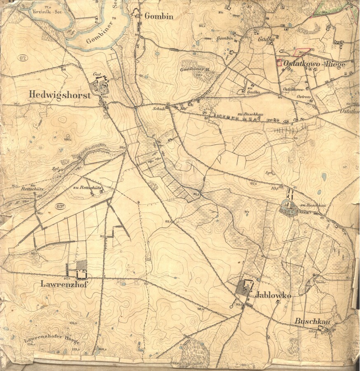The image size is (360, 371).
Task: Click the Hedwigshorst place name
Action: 59,94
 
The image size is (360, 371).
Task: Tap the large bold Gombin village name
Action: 159,16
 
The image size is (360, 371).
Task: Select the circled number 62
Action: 23,58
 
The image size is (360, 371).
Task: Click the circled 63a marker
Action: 62,206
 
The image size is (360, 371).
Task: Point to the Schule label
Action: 159,109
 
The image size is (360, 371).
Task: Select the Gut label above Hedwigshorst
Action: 97,73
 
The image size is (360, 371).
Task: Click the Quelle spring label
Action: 321,282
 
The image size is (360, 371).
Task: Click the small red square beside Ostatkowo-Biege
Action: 279,63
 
